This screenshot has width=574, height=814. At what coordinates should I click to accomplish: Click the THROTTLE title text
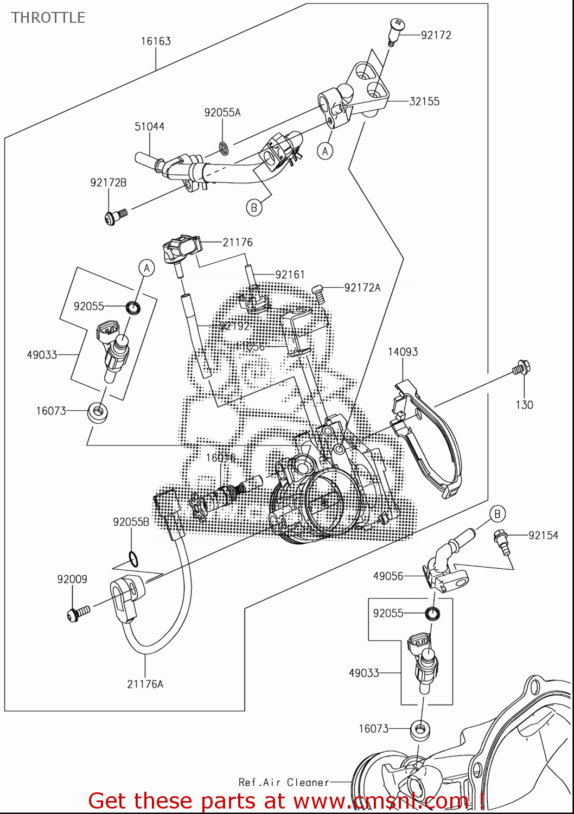[48, 17]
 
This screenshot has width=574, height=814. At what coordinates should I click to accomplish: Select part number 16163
[156, 41]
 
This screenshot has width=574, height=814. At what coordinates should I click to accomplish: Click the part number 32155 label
[424, 101]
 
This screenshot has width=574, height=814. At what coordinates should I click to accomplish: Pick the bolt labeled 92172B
[114, 217]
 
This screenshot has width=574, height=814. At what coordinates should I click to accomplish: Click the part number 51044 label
[149, 126]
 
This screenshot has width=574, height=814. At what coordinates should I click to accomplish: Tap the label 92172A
[362, 288]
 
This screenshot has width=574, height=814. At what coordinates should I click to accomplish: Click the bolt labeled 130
[521, 369]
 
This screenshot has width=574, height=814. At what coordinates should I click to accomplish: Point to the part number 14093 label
[403, 352]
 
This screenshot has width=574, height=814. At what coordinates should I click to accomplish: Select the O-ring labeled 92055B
[132, 558]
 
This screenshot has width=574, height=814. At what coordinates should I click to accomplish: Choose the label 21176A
[145, 684]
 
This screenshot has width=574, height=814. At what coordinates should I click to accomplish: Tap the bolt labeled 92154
[501, 540]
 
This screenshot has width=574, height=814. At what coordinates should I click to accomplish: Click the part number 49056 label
[388, 576]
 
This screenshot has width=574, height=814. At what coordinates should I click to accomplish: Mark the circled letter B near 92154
[497, 513]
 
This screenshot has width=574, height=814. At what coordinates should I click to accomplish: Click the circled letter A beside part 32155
[325, 151]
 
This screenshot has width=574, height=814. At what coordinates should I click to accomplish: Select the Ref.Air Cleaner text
[284, 782]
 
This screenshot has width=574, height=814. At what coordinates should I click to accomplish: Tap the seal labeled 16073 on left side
[98, 412]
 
